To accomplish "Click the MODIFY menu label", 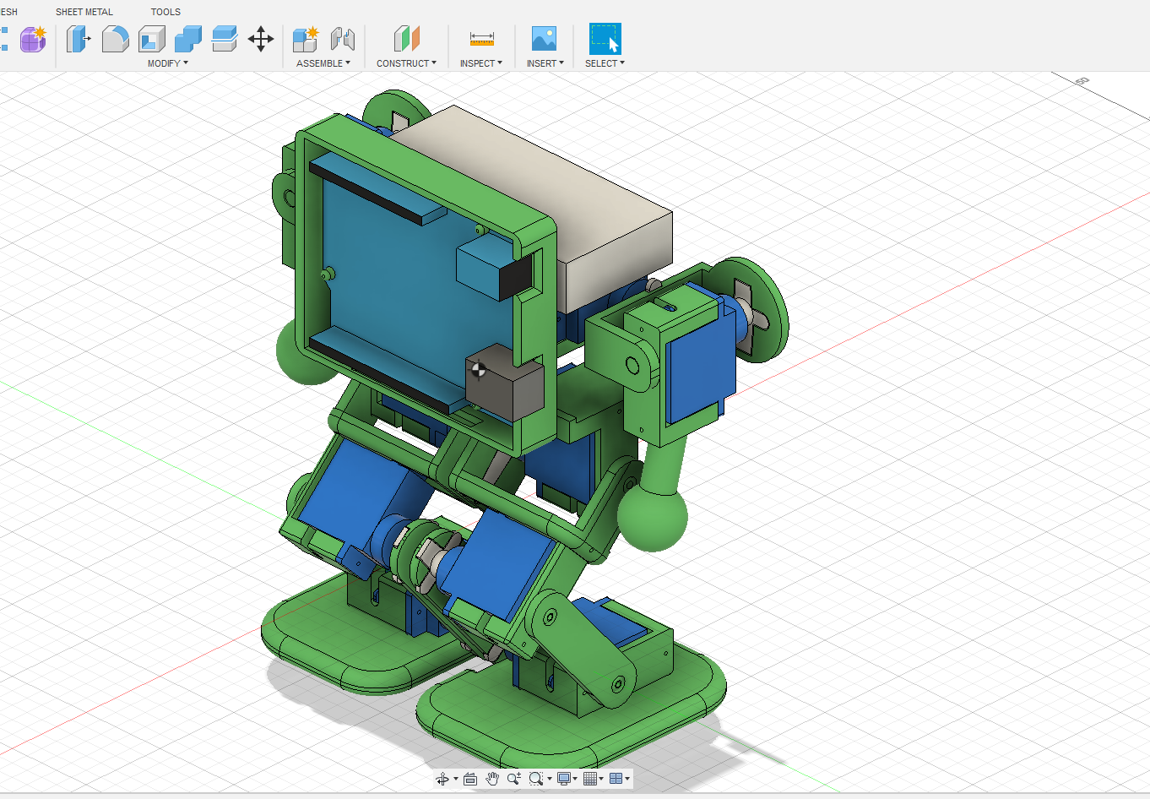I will [x=167, y=63].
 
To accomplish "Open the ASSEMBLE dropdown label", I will [x=323, y=63].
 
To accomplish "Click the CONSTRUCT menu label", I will [x=406, y=63].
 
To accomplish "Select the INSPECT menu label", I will [x=480, y=63].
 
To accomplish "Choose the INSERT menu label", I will [x=545, y=63].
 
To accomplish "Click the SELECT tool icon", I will [x=605, y=39].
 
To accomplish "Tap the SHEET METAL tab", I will [x=84, y=12].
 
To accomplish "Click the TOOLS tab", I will [x=165, y=12].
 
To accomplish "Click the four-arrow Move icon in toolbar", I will [x=261, y=39].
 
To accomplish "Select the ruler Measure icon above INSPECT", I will [x=481, y=39].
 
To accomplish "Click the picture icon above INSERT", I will [x=544, y=39].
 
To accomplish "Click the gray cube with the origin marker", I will [x=505, y=384].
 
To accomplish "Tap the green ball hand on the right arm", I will [x=653, y=515].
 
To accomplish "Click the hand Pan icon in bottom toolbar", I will [x=492, y=779].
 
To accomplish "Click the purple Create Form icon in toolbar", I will [x=33, y=39].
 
